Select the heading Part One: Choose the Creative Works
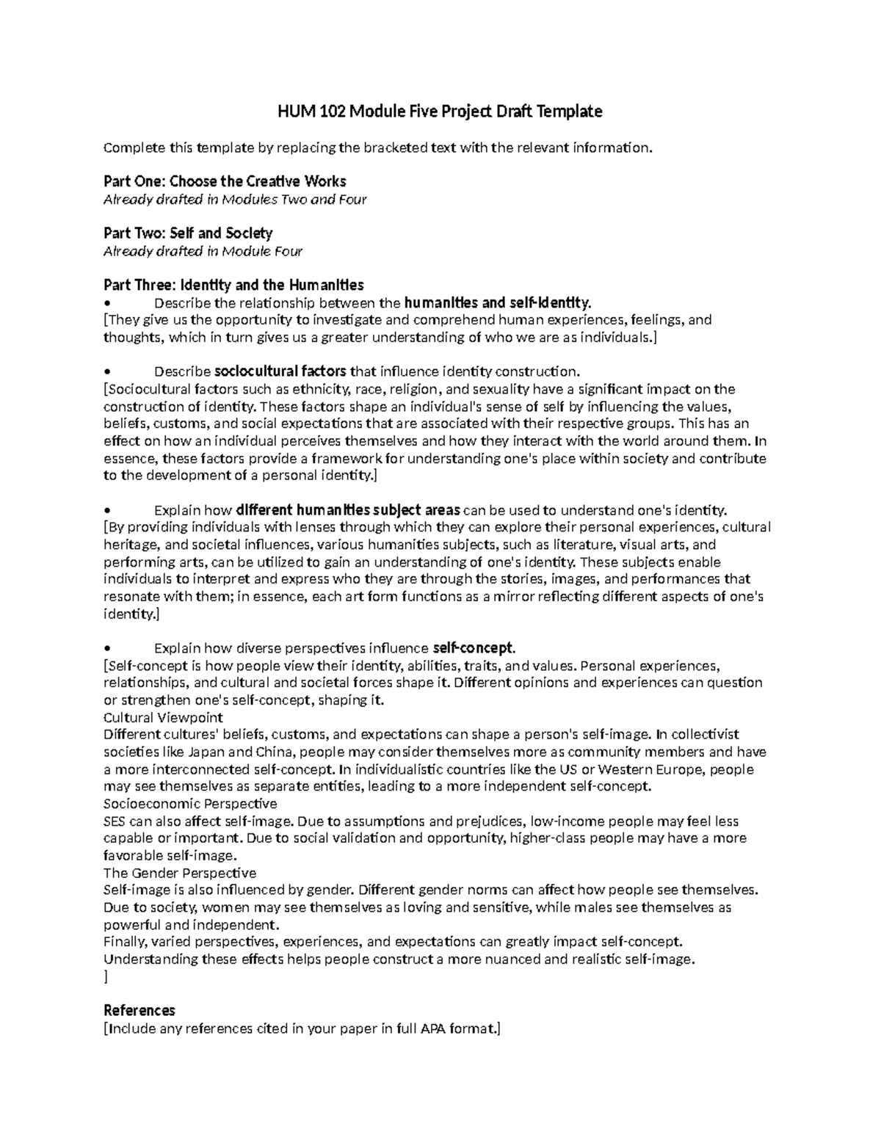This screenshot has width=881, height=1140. pos(224,181)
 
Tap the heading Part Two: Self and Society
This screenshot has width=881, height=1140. pos(188,233)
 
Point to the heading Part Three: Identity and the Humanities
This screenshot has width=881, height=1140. pos(233,285)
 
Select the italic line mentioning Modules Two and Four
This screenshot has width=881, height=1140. pos(235,200)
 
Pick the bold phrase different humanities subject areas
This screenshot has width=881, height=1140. pos(348,510)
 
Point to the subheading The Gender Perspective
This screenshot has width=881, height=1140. pos(180,873)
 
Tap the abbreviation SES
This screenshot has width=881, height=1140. pos(115,821)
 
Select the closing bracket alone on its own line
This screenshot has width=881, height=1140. pos(106,977)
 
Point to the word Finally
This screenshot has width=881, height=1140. pos(125,942)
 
